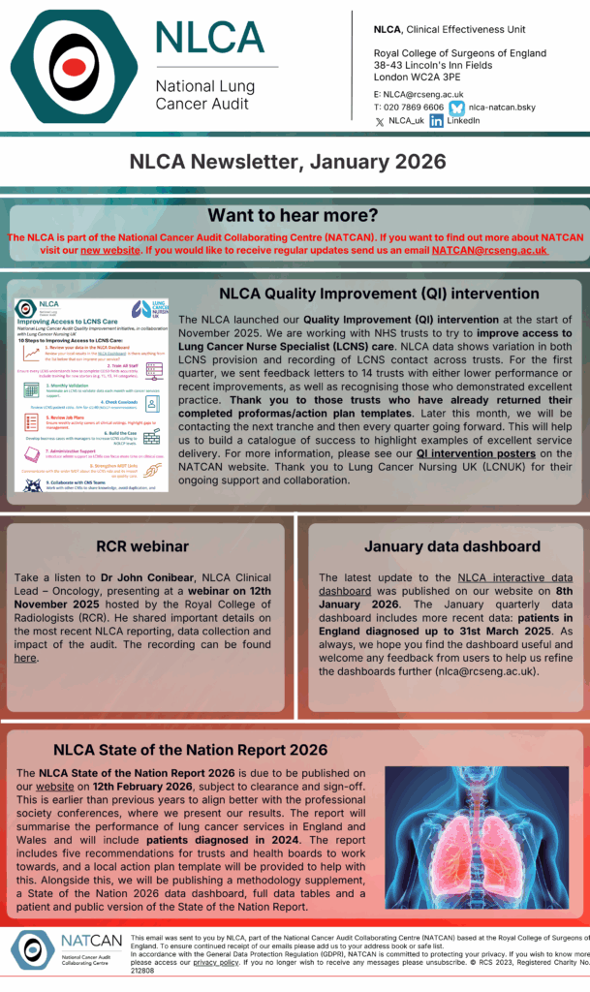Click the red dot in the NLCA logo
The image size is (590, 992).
click(x=74, y=70)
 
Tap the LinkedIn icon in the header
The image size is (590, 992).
click(x=436, y=121)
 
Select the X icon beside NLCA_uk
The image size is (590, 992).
click(x=379, y=122)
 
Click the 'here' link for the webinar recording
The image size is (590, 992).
click(x=24, y=658)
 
